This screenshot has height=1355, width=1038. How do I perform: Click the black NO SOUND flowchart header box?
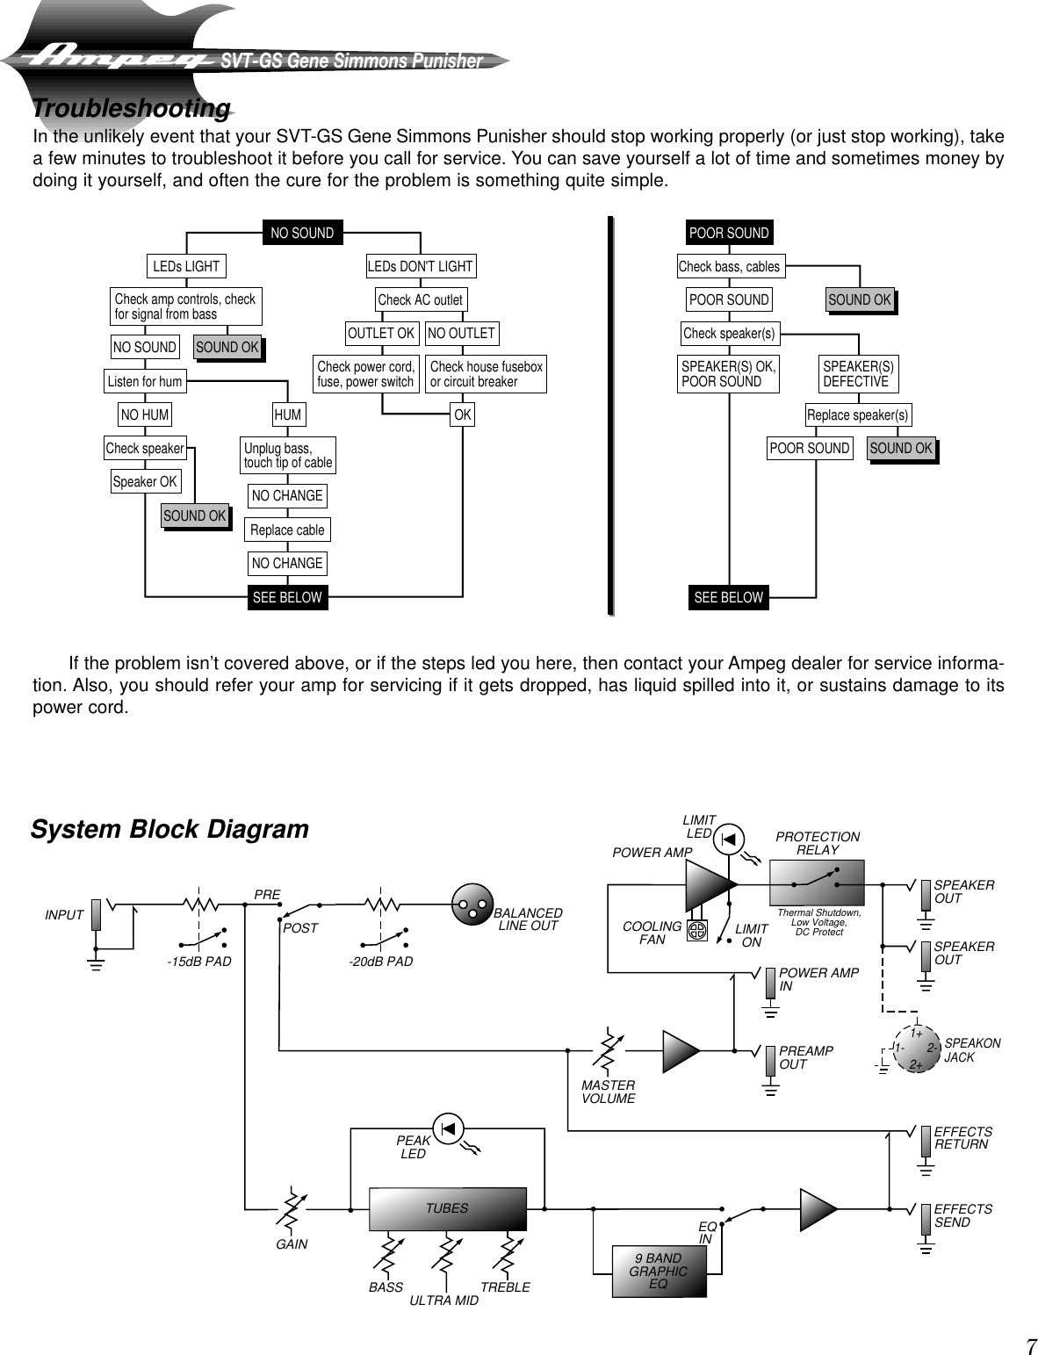[302, 233]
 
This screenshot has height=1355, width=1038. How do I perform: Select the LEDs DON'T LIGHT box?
[420, 266]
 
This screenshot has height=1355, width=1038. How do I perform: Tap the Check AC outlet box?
[420, 299]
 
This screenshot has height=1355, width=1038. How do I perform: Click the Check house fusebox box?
[486, 374]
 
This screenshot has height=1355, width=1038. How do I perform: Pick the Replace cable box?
[287, 530]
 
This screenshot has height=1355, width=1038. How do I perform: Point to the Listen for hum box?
[145, 381]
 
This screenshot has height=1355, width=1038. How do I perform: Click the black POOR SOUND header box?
[729, 233]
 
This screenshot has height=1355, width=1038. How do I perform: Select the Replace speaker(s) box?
[857, 414]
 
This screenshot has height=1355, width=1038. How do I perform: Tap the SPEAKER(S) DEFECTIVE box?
[858, 374]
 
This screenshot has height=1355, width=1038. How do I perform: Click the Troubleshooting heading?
[132, 109]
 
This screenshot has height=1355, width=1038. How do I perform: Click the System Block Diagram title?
[169, 829]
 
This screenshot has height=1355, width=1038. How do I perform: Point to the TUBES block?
[447, 1209]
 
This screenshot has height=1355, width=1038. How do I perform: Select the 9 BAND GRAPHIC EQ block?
[659, 1272]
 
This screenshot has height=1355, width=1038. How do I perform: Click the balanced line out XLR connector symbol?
[471, 904]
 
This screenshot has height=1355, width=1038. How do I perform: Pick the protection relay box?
[816, 883]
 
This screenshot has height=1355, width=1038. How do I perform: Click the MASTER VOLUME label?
[608, 1092]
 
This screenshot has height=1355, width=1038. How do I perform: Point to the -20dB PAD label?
[380, 962]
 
